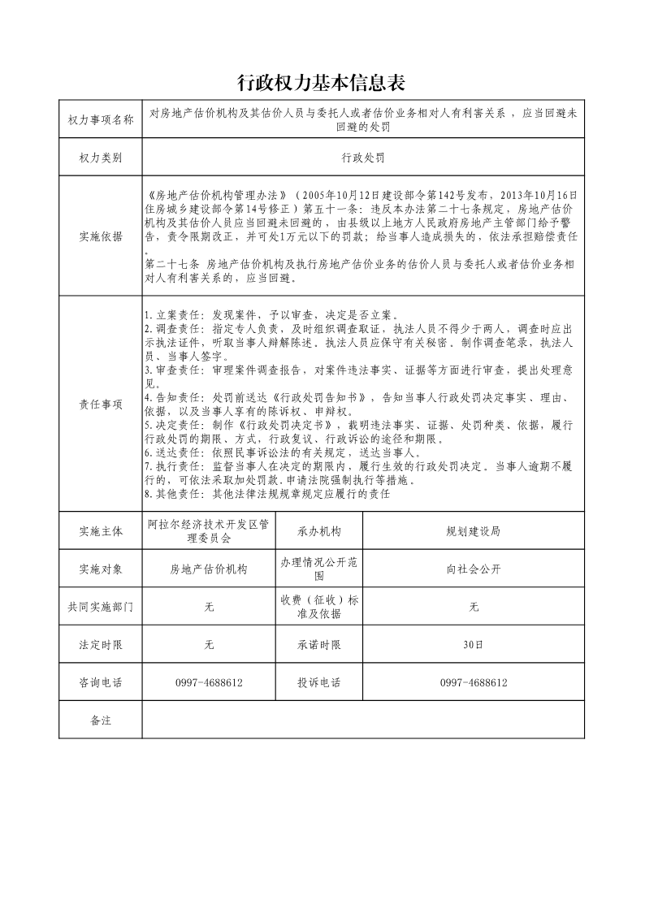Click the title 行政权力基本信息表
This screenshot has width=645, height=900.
[321, 83]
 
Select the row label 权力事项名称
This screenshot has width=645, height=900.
[101, 120]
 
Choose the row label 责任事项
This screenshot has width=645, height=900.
[101, 404]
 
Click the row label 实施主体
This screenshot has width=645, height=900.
[101, 531]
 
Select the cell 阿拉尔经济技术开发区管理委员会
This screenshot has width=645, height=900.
[209, 531]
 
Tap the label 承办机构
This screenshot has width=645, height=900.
[319, 531]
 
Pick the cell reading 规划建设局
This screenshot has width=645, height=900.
[474, 531]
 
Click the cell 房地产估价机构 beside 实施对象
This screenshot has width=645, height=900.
[209, 569]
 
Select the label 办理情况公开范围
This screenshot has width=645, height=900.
[319, 569]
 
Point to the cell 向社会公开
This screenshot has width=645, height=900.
[474, 569]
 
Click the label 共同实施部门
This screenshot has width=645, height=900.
[101, 607]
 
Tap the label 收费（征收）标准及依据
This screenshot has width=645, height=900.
[319, 607]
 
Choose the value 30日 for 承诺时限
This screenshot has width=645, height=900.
[474, 645]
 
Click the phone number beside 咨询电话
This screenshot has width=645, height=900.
[209, 683]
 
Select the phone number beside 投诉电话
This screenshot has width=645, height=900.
[474, 683]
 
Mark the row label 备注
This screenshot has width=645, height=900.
[101, 720]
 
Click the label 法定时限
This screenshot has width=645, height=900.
[101, 645]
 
